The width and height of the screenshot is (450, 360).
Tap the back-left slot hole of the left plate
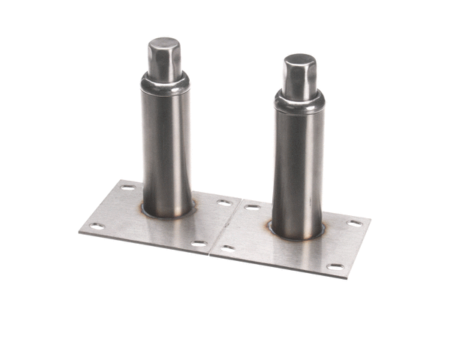coord(129,187)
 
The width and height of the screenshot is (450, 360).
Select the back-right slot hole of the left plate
coord(223,202)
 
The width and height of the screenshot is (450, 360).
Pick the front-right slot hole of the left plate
coord(198,244)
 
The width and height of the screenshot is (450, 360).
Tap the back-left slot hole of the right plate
coord(253,206)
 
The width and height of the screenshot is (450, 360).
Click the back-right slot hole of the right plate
coord(353,223)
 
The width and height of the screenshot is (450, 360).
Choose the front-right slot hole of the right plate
coord(336,266)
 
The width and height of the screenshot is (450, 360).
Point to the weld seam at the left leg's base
coord(166,215)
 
